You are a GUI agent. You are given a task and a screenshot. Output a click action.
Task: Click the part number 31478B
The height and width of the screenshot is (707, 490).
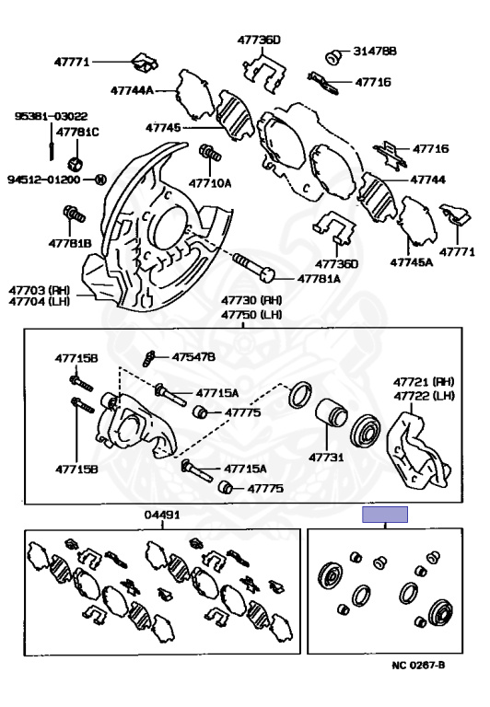375,52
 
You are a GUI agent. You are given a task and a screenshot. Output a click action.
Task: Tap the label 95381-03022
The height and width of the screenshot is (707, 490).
51,116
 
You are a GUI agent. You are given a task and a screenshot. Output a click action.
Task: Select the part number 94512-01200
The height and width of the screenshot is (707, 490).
44,180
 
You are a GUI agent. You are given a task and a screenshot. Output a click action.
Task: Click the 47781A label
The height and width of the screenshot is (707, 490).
319,279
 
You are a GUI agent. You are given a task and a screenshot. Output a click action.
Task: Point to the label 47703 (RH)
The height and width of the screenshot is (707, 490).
40,289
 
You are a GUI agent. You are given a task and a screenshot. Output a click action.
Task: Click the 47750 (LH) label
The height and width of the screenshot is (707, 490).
251,314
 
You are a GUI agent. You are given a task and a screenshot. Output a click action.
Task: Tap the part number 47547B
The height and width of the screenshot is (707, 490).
193,357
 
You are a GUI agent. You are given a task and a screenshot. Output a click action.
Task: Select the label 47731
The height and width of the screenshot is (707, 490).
326,458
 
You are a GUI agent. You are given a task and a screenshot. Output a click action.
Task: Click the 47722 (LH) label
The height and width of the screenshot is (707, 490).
424,396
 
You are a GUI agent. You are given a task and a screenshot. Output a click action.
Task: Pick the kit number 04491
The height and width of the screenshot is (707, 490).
162,515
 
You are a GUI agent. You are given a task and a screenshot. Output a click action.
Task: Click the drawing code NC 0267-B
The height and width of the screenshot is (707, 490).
418,665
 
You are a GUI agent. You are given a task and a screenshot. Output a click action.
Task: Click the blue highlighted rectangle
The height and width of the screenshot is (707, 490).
385,515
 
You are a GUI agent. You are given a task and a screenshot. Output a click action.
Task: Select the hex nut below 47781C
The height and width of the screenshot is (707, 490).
76,163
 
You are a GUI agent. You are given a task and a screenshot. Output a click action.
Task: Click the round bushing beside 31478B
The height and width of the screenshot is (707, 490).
333,57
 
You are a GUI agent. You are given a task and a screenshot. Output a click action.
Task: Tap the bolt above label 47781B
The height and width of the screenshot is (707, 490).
75,214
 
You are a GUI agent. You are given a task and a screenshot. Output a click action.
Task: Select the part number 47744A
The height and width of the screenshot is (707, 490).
132,90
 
